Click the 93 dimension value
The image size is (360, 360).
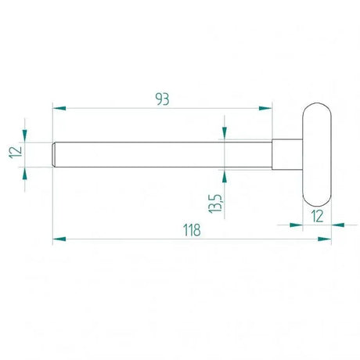tap(162, 99)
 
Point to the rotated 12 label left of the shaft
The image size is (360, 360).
tap(15, 153)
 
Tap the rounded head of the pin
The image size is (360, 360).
tap(316, 153)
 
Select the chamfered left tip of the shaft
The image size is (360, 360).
tap(55, 153)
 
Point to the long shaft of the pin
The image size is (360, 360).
tap(157, 153)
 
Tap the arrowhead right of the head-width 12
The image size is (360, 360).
tap(337, 225)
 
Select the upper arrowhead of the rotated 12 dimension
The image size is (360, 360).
tap(25, 134)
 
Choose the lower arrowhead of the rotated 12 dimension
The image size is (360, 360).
tap(25, 171)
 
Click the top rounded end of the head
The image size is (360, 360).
tap(316, 107)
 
